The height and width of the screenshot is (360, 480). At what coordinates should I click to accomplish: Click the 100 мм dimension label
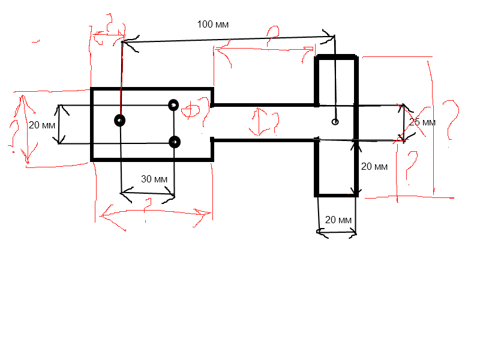click(213, 25)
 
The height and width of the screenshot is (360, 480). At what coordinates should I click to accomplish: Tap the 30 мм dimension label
click(154, 179)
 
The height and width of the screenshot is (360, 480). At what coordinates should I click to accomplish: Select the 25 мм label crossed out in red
click(422, 122)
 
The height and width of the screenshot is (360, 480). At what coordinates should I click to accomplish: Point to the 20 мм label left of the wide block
click(41, 125)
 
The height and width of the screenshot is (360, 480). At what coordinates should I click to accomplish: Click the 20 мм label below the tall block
click(338, 220)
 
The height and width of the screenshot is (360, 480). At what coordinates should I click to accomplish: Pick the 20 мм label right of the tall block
click(374, 167)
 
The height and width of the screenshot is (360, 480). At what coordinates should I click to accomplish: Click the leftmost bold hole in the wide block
click(120, 121)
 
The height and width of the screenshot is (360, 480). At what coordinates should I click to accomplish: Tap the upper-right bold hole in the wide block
click(173, 105)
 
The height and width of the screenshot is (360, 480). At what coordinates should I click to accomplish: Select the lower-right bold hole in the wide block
click(175, 142)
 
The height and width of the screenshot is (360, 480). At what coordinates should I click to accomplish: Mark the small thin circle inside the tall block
click(335, 122)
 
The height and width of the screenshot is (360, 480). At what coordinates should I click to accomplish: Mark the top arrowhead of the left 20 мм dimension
click(59, 107)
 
